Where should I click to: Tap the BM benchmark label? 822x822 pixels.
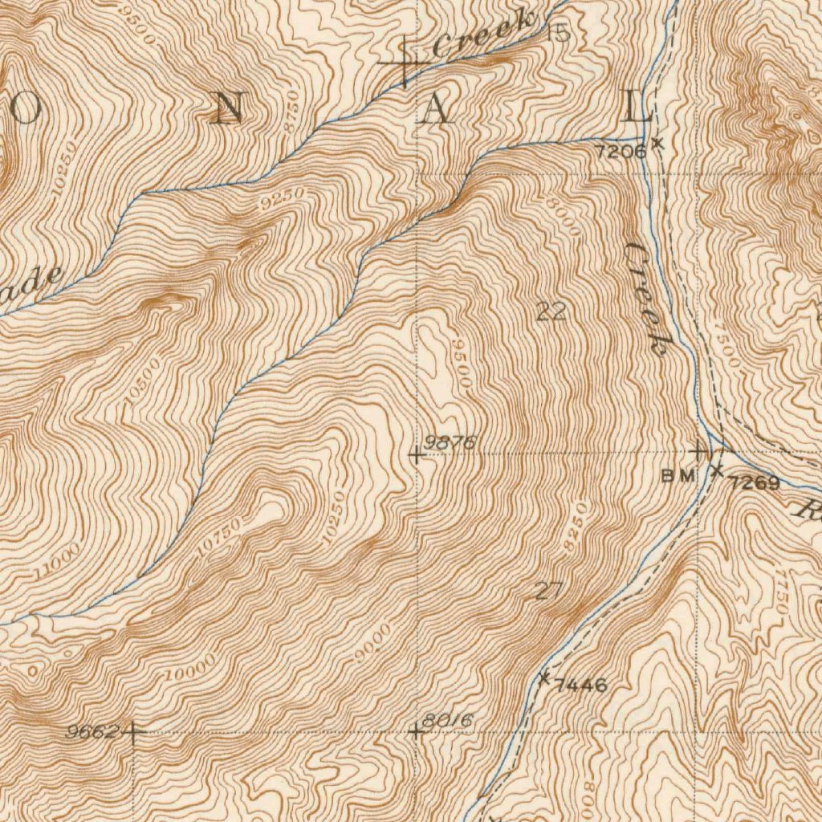click(677, 475)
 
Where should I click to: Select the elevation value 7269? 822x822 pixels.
click(755, 483)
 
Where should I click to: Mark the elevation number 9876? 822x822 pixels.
click(451, 442)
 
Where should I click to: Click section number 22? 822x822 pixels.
click(551, 312)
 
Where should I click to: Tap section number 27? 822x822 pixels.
click(549, 592)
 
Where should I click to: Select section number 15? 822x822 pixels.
click(559, 33)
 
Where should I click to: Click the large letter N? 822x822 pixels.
click(227, 108)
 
